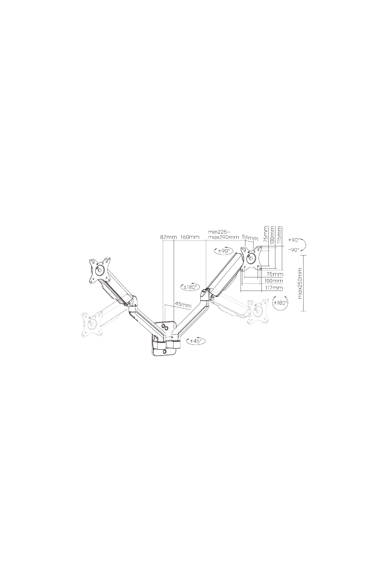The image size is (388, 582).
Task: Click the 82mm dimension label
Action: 168,237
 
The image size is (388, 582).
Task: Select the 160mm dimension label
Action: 190,237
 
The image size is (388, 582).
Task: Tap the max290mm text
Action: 223,237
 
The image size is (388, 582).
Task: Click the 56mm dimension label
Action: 250,238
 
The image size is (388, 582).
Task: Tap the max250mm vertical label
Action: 301,283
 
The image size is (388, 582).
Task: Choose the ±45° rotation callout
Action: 195,341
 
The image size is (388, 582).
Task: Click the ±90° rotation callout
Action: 224,251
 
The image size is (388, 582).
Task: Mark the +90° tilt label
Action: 294,240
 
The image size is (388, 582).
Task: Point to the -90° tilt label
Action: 294,250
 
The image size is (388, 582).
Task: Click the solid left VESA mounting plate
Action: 99,270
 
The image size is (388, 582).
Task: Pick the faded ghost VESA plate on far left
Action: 92,324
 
